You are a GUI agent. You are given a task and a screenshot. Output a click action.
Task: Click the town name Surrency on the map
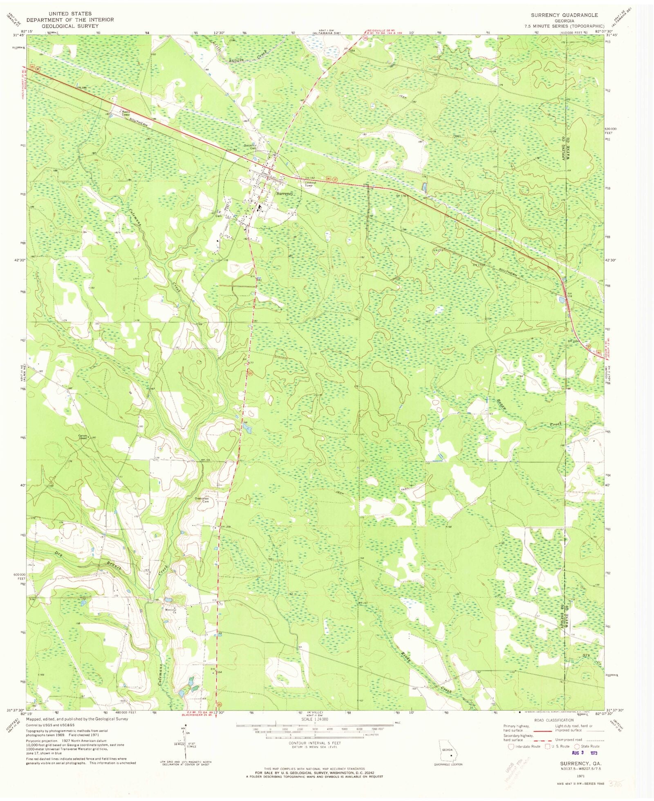coord(284,194)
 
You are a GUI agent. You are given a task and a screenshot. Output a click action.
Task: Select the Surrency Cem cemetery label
coord(250,146)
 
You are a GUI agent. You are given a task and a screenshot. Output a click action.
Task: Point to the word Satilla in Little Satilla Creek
coord(236,59)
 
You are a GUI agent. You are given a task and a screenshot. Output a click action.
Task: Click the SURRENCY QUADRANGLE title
coord(564,15)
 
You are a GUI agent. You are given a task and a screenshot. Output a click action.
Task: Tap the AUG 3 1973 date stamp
coord(585,752)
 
